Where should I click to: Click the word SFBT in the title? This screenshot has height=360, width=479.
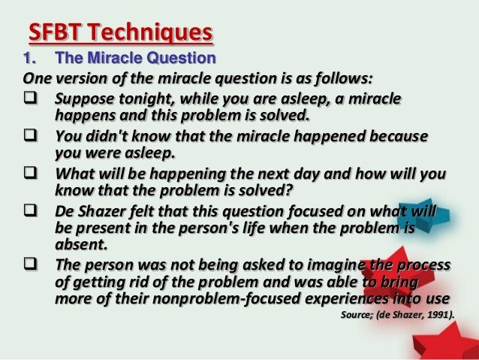click(55, 32)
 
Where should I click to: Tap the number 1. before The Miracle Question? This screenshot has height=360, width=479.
click(29, 58)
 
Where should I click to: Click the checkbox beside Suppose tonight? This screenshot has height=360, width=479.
click(31, 98)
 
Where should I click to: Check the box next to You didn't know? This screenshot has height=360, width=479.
click(31, 135)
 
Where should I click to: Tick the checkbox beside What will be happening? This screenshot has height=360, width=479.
click(31, 173)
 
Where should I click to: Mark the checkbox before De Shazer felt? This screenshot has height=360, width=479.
click(31, 210)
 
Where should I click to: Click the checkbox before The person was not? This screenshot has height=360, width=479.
click(31, 264)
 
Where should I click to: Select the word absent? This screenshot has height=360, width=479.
click(81, 244)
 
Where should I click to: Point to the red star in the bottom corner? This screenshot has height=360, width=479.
click(445, 342)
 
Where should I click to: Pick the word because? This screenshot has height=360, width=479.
click(399, 136)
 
